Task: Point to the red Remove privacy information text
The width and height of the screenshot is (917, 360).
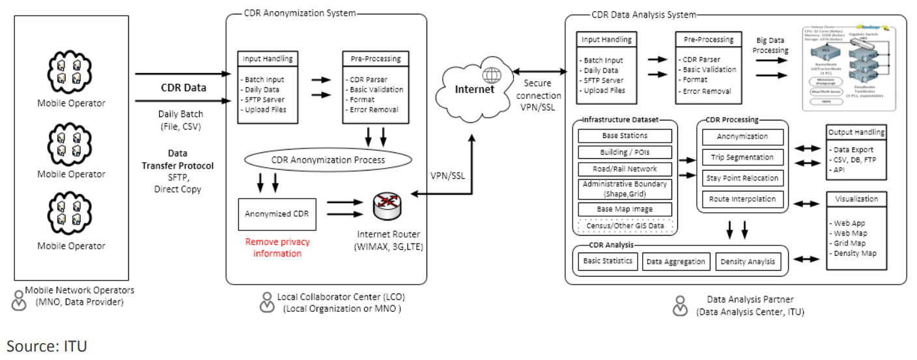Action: click(277, 247)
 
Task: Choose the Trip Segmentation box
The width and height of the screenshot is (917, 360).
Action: click(742, 157)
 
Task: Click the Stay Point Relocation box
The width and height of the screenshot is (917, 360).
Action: click(742, 178)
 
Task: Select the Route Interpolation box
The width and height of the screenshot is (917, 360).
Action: click(742, 199)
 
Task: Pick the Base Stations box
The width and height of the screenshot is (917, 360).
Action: click(625, 136)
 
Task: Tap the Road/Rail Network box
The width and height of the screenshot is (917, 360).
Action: click(625, 167)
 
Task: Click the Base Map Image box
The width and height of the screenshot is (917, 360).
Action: click(625, 209)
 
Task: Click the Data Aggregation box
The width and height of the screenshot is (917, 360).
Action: click(676, 262)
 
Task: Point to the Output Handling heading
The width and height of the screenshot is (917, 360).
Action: click(856, 132)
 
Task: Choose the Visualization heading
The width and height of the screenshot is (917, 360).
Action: click(856, 199)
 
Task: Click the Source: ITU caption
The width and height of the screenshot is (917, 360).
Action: click(47, 346)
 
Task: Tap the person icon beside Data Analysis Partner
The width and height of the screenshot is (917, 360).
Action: click(680, 305)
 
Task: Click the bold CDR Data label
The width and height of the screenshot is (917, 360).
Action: click(184, 87)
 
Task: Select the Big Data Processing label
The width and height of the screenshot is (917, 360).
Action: click(772, 45)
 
